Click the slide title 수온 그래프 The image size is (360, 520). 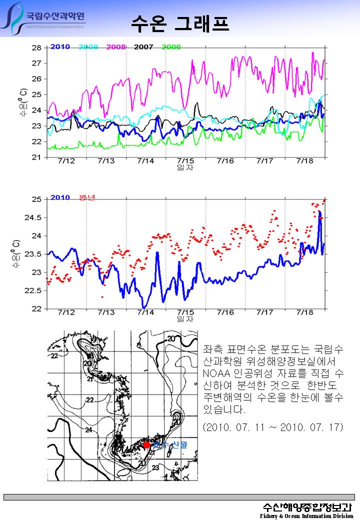(x=180, y=22)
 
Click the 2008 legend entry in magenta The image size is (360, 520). (x=115, y=47)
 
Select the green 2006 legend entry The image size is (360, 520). (x=170, y=47)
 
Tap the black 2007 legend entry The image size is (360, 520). (x=143, y=47)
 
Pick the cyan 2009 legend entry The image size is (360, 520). (x=88, y=47)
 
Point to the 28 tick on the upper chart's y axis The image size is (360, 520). (x=36, y=48)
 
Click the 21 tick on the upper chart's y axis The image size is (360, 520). (x=36, y=157)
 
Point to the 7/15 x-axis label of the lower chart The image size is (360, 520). (x=185, y=312)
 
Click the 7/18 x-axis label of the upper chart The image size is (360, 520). (x=305, y=161)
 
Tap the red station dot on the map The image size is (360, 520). (x=146, y=444)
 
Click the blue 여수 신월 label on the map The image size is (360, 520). (x=170, y=444)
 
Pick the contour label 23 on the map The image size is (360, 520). (x=155, y=468)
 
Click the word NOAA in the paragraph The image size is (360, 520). (x=216, y=373)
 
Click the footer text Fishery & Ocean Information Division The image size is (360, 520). (x=306, y=515)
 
